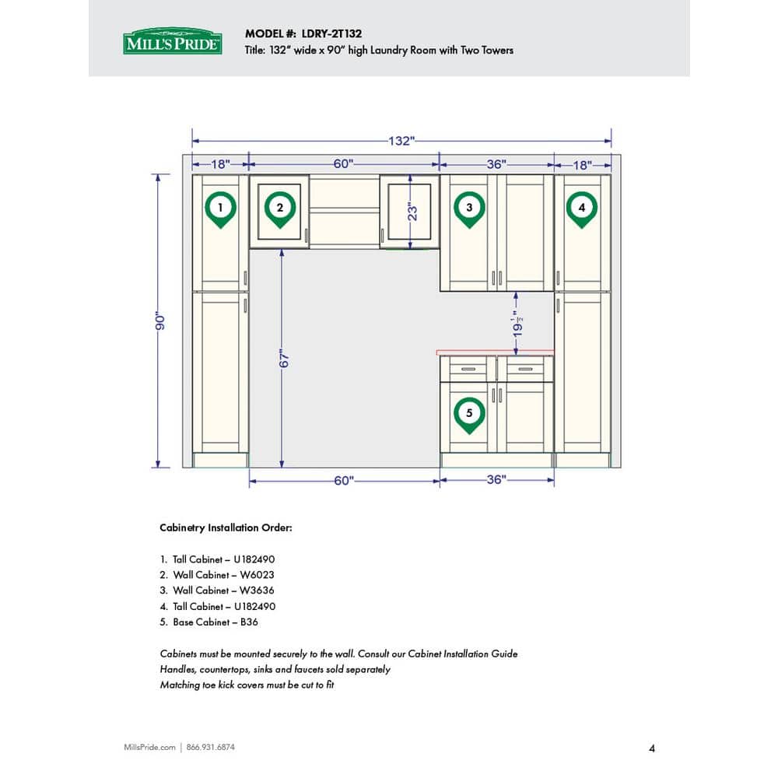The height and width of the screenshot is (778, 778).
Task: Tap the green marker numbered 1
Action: tap(221, 209)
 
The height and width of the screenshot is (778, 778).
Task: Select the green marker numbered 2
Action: tap(279, 209)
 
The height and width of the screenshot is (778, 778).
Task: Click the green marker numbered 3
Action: tap(469, 209)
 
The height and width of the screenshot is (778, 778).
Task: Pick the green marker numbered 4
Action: tap(581, 209)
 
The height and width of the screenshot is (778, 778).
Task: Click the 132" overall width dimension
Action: tap(401, 141)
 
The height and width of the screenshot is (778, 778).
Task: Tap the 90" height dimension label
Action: tap(158, 321)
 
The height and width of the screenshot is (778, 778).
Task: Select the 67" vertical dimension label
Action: tap(285, 359)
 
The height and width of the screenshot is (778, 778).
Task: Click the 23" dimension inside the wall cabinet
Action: tap(414, 211)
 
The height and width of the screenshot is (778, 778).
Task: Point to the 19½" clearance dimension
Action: tap(516, 322)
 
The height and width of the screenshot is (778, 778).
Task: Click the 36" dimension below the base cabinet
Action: tap(496, 480)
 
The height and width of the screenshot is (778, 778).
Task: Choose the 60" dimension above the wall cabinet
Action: tap(344, 164)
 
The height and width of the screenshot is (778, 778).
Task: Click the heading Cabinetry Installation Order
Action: tap(226, 527)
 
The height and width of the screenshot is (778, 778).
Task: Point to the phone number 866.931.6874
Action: tap(211, 748)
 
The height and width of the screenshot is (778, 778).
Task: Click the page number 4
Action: tap(651, 748)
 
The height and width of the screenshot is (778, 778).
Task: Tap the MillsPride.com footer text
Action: tap(150, 748)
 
